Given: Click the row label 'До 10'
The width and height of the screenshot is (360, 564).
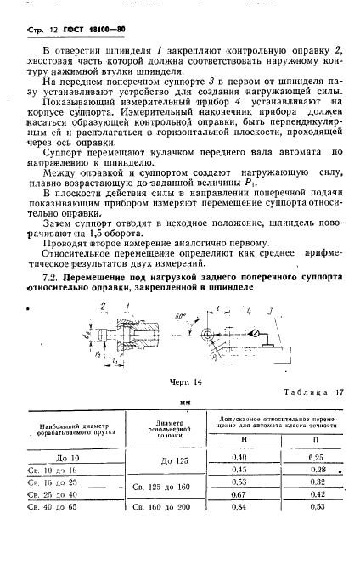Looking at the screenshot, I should pos(67,458).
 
